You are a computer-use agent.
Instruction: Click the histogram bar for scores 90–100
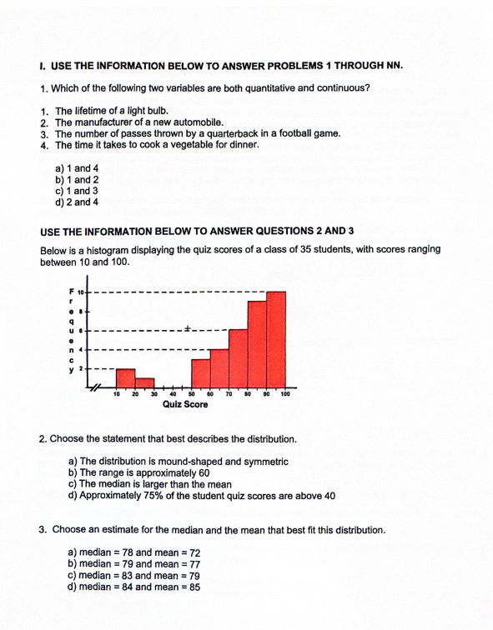(x=276, y=340)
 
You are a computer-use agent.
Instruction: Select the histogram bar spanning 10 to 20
(x=125, y=379)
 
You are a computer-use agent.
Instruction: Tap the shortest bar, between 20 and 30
(x=144, y=383)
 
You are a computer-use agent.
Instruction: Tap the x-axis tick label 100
(x=284, y=394)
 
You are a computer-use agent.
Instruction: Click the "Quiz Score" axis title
(x=185, y=405)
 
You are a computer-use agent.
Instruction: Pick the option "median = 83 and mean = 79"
(x=133, y=575)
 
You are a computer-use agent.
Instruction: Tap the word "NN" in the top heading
(x=392, y=64)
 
